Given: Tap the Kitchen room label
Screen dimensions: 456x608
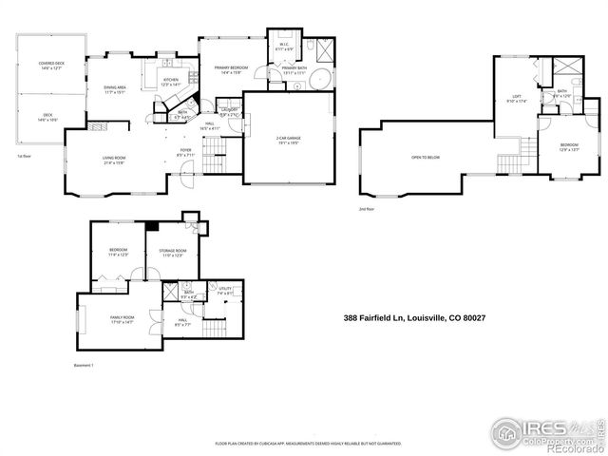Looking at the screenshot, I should tap(170, 82).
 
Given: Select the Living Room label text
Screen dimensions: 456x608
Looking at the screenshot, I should tap(114, 159).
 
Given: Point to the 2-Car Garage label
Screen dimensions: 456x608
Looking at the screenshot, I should tap(288, 140).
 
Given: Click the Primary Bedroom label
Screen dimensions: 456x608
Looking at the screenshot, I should tap(231, 69).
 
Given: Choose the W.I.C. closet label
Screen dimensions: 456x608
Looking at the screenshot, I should tap(284, 45).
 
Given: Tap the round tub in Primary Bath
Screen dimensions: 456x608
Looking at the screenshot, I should tap(321, 80).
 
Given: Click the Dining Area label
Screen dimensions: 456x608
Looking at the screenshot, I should tap(116, 89).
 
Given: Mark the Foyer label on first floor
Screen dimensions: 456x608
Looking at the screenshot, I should tap(186, 150).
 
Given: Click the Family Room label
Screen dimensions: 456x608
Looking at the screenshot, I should tap(123, 318).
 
